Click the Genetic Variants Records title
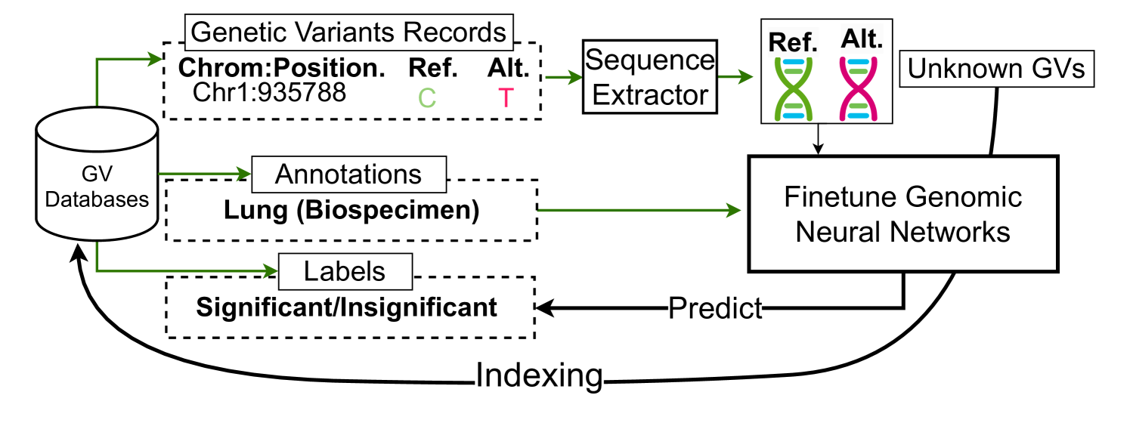tap(348, 32)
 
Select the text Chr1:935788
tap(269, 92)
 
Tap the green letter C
tap(427, 97)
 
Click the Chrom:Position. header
tap(282, 68)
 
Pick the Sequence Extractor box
tap(650, 78)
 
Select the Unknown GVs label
tap(996, 69)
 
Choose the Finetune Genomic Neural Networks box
tap(902, 214)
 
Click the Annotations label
tap(348, 174)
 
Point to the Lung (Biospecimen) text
tap(351, 211)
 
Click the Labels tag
tap(345, 272)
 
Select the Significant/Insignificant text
tap(347, 307)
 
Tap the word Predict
tap(714, 307)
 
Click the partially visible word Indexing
tap(539, 378)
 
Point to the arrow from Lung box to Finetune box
tap(639, 211)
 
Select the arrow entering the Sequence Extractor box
tap(563, 77)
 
